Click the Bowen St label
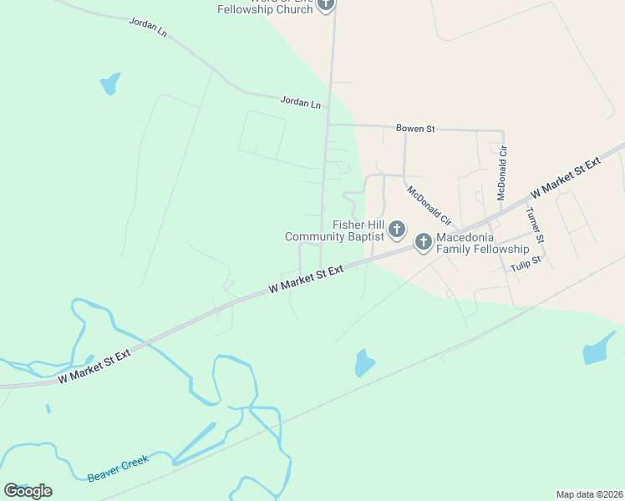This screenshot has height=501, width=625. [415, 129]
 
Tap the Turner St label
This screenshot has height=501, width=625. [535, 225]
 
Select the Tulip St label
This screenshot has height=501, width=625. [526, 261]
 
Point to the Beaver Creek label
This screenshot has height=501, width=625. [117, 468]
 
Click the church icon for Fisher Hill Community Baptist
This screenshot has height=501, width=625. [397, 229]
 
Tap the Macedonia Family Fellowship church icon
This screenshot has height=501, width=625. [424, 242]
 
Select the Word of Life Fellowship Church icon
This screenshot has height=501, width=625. [326, 4]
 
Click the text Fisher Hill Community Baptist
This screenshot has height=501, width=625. [333, 230]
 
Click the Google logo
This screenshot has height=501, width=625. [28, 490]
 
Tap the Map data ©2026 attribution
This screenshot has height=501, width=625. [589, 493]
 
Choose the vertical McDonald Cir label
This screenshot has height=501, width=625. [503, 172]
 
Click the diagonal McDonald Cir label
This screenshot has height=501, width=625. [429, 205]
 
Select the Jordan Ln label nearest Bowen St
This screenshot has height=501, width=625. [301, 103]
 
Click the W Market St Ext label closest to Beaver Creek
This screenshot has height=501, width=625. [94, 367]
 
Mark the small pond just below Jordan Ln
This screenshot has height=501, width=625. [110, 83]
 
